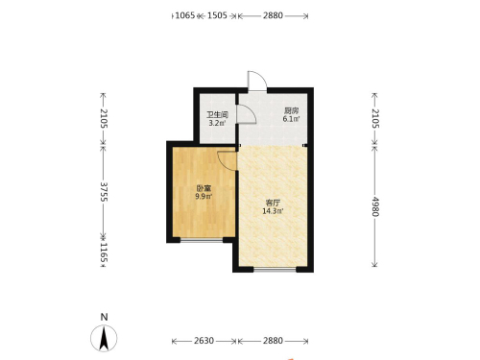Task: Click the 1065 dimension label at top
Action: [185, 15]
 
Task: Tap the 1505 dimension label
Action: [217, 15]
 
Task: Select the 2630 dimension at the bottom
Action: [204, 341]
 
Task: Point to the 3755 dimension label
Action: [104, 192]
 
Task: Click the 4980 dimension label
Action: [375, 206]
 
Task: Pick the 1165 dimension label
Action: [104, 252]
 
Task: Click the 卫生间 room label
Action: [217, 114]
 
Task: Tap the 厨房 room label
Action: [291, 111]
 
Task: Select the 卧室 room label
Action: [204, 188]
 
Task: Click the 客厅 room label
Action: [273, 203]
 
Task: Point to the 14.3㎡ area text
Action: [273, 211]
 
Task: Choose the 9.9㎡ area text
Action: [204, 197]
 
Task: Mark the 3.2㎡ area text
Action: [217, 123]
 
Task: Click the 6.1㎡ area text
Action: [291, 119]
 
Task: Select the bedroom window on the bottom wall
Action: [202, 239]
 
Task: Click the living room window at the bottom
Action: [275, 269]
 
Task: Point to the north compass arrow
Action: [104, 338]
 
